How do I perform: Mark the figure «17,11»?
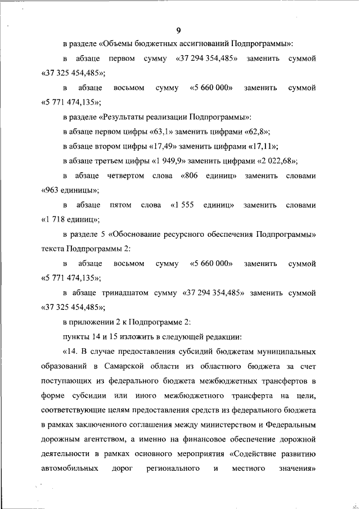266,147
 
